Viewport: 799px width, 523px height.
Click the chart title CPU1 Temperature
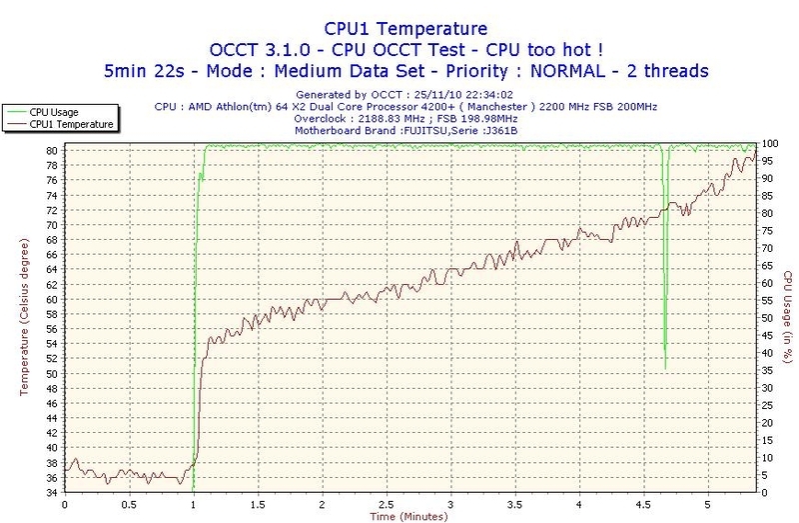(399, 29)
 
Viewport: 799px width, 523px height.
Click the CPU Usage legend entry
(56, 112)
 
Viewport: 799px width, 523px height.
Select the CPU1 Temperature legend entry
(70, 125)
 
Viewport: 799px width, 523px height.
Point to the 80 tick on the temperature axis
(50, 150)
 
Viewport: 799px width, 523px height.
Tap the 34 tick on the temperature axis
(50, 492)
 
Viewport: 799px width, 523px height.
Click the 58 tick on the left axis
(50, 313)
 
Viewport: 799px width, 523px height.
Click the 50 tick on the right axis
(768, 318)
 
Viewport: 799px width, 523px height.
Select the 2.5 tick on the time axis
(387, 503)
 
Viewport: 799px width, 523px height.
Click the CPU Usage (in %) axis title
(787, 318)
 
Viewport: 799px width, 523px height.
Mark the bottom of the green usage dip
(665, 369)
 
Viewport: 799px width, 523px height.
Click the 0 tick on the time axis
(65, 503)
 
